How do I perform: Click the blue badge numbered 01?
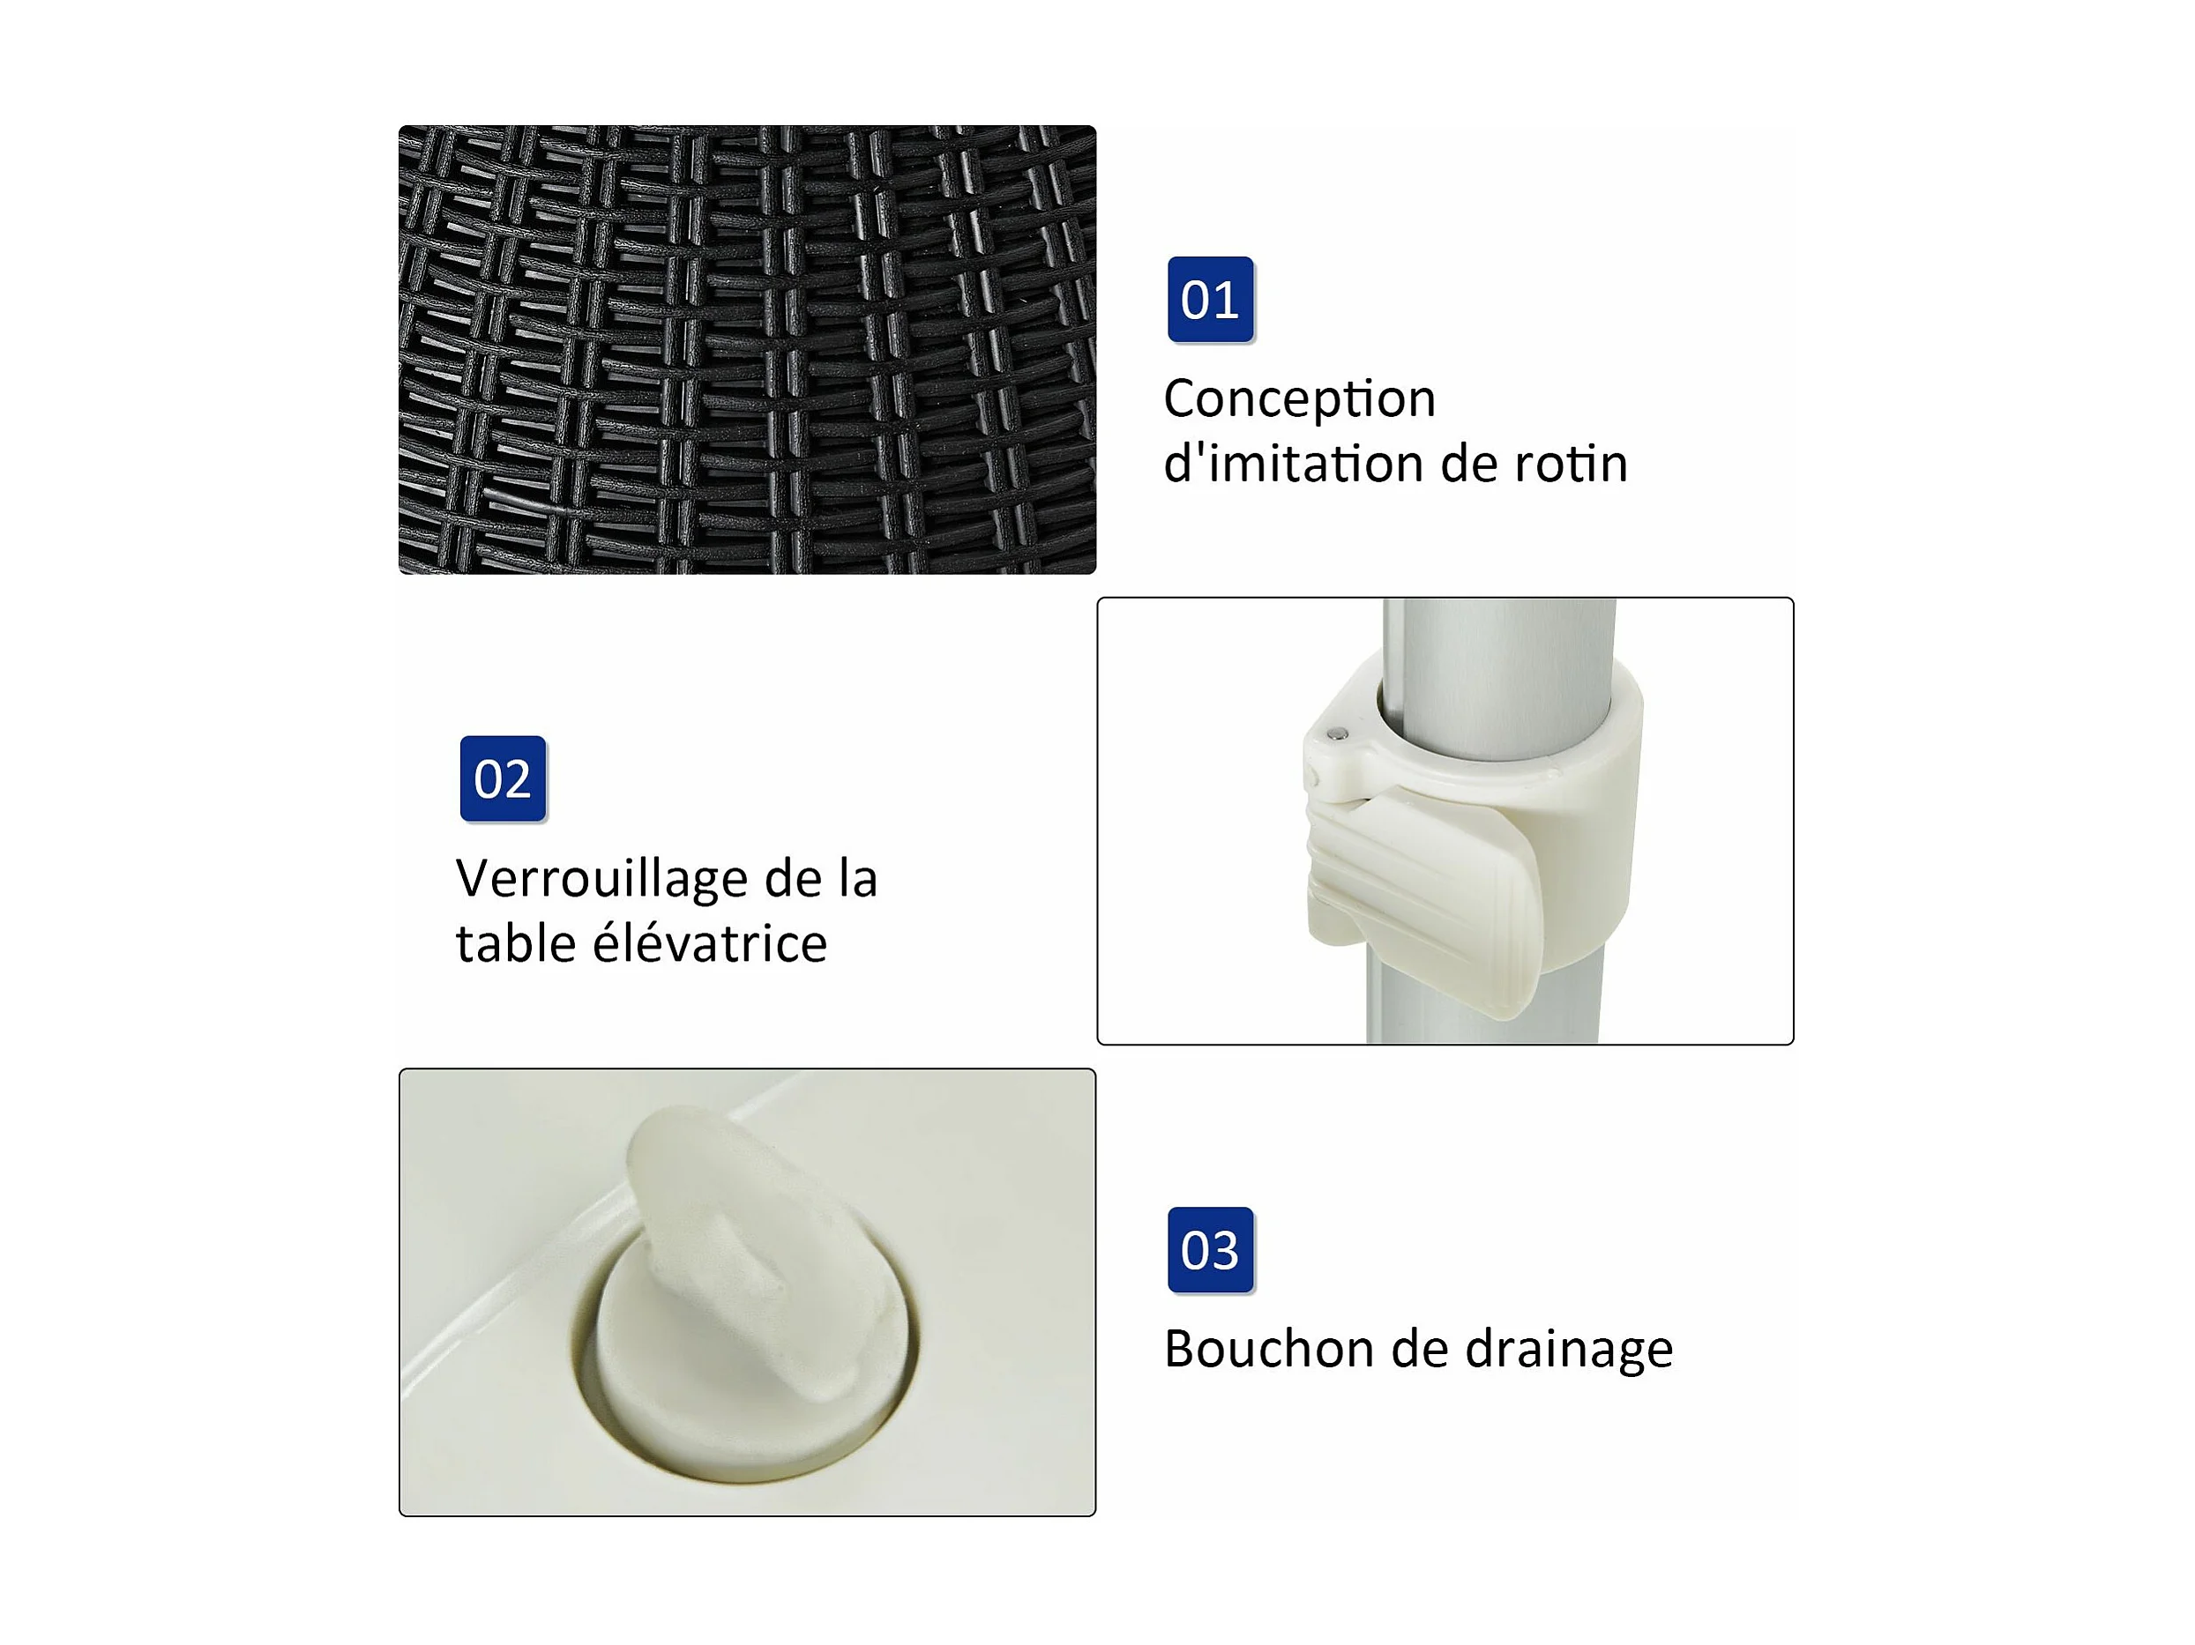1210,299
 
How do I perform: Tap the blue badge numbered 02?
503,778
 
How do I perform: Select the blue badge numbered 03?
1211,1250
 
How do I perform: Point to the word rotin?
1571,465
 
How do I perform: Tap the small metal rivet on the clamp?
1337,734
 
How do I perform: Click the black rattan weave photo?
747,349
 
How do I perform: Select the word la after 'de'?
857,879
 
